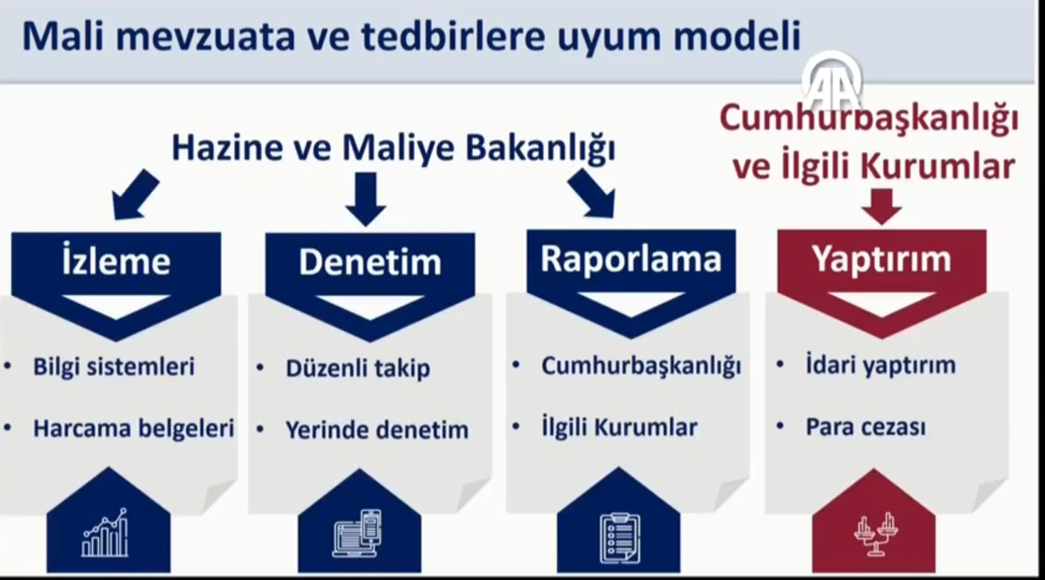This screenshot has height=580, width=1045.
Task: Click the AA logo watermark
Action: pos(833,80)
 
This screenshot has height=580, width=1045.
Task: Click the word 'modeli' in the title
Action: pos(737,36)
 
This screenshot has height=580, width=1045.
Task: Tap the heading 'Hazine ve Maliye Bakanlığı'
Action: pos(394,148)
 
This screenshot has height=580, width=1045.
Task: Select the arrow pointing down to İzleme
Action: pos(135,195)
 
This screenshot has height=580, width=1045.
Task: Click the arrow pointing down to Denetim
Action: pos(365,199)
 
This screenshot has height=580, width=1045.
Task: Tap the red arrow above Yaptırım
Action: pos(881,206)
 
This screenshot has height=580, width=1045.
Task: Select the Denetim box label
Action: pos(370,262)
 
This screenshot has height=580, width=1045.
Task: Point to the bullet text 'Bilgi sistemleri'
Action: pos(114,366)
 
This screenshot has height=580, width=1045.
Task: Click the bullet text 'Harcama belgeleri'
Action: pos(133,428)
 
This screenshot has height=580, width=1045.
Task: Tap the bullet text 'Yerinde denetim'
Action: pos(377,430)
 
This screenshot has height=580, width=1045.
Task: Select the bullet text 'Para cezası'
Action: pos(866,427)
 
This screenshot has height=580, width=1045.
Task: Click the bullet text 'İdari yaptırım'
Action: pos(881,364)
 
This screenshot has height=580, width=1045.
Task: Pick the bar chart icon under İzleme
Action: pos(104,532)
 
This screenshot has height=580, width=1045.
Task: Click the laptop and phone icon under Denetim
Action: pos(357,533)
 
